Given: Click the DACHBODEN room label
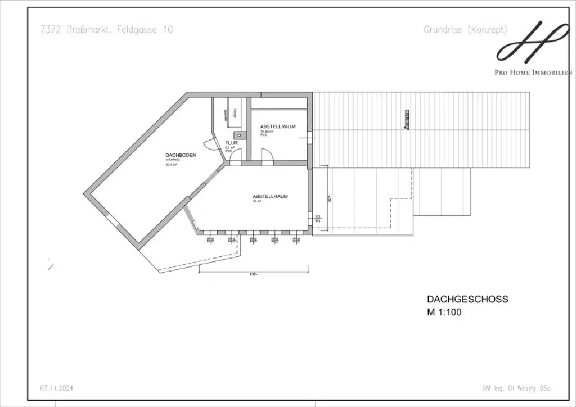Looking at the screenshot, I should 181,155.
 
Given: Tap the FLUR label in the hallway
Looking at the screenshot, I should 232,143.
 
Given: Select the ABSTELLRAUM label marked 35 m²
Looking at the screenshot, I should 270,196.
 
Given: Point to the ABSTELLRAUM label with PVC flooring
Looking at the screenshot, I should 277,126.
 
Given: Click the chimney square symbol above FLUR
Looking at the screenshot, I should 240,135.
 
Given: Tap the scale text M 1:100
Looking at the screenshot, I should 444,313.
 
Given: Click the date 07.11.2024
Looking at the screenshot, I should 56,388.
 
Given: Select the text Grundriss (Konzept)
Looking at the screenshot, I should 465,30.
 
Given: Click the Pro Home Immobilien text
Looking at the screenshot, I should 533,73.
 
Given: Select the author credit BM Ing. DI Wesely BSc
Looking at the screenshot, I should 516,388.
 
